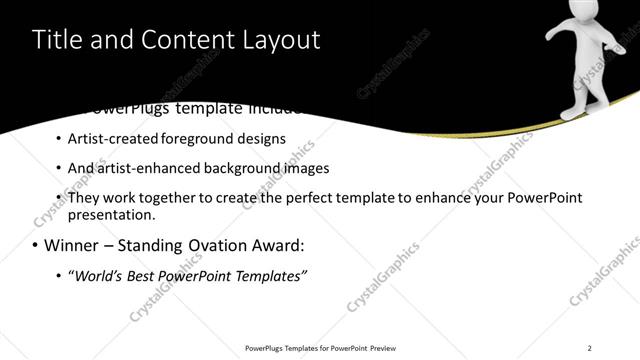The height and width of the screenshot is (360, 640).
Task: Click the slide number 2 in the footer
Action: click(x=590, y=348)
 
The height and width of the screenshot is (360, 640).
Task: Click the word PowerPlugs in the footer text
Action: click(x=267, y=348)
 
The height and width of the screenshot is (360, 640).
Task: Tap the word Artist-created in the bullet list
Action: click(x=105, y=139)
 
